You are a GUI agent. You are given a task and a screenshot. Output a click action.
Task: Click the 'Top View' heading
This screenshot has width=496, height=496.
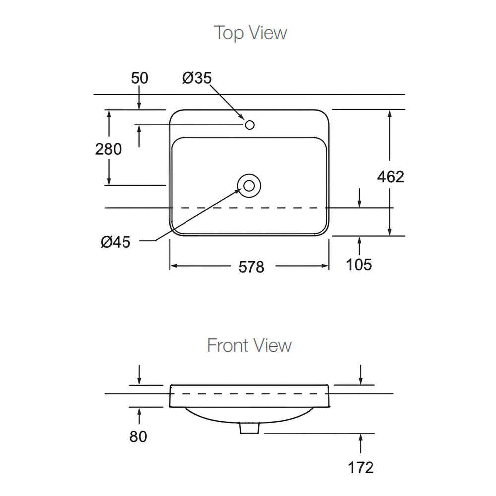(250, 33)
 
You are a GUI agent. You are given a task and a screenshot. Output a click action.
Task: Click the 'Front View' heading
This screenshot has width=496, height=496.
(249, 345)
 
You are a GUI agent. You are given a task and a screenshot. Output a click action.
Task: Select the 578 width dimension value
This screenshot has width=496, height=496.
(251, 267)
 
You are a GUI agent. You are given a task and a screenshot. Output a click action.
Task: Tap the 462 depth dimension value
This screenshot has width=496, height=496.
(391, 176)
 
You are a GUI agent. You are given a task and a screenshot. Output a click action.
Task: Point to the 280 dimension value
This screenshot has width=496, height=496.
(108, 149)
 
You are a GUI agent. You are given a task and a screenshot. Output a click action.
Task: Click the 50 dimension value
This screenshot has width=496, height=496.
(139, 78)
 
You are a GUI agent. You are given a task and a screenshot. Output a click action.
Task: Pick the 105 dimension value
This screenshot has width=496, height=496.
(359, 265)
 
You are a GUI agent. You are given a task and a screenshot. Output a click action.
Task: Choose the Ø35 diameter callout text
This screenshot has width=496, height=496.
(196, 78)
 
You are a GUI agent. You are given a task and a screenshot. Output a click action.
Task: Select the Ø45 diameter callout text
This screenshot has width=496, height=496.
(115, 242)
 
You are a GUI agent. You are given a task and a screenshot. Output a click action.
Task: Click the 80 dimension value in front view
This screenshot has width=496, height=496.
(139, 437)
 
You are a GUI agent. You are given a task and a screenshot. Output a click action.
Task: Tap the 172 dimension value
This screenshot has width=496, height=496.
(360, 467)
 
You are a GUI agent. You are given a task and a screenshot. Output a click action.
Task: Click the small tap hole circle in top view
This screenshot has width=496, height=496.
(249, 124)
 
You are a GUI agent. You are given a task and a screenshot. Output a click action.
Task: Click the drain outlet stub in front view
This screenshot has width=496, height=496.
(249, 428)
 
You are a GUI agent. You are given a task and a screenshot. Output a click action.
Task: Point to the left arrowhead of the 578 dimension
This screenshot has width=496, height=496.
(174, 266)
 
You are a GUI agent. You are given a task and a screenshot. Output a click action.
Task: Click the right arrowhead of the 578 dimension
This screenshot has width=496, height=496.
(325, 266)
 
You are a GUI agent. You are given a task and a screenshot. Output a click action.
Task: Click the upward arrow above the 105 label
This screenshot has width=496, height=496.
(359, 241)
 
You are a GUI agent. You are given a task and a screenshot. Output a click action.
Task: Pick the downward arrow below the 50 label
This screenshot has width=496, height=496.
(139, 105)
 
